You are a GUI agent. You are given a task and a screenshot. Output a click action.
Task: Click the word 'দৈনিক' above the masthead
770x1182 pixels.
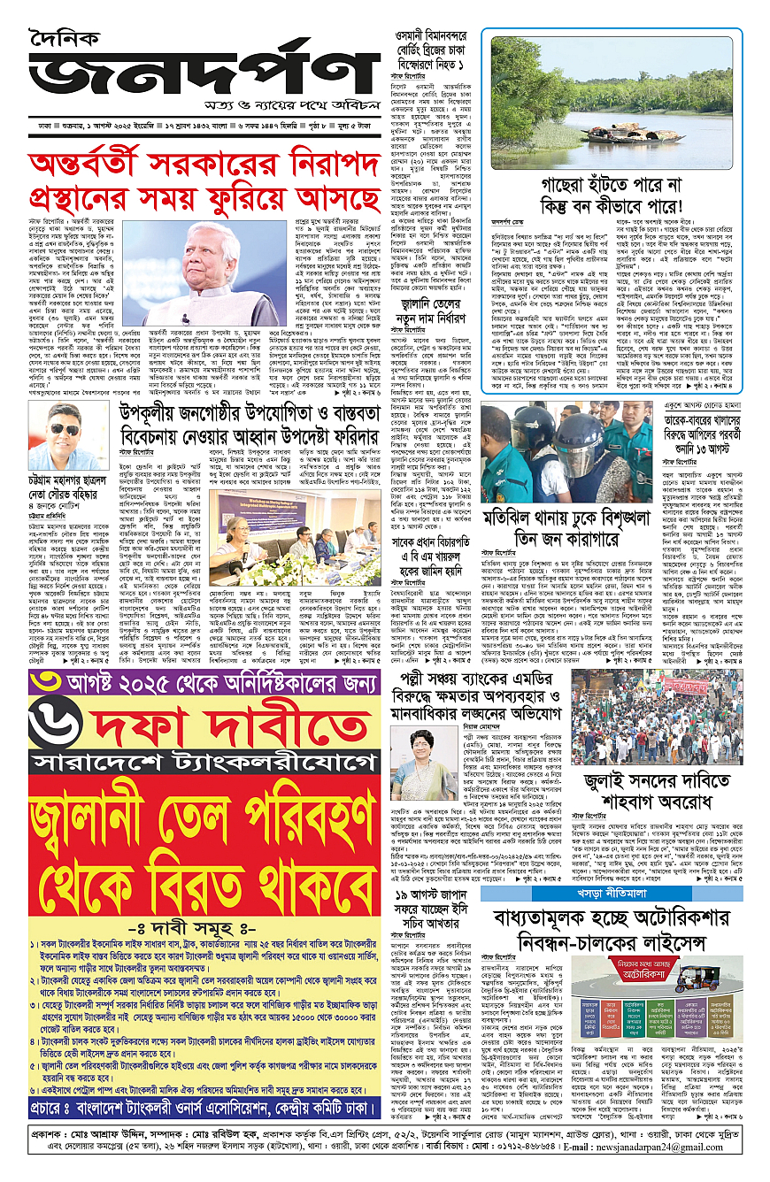tap(65, 38)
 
